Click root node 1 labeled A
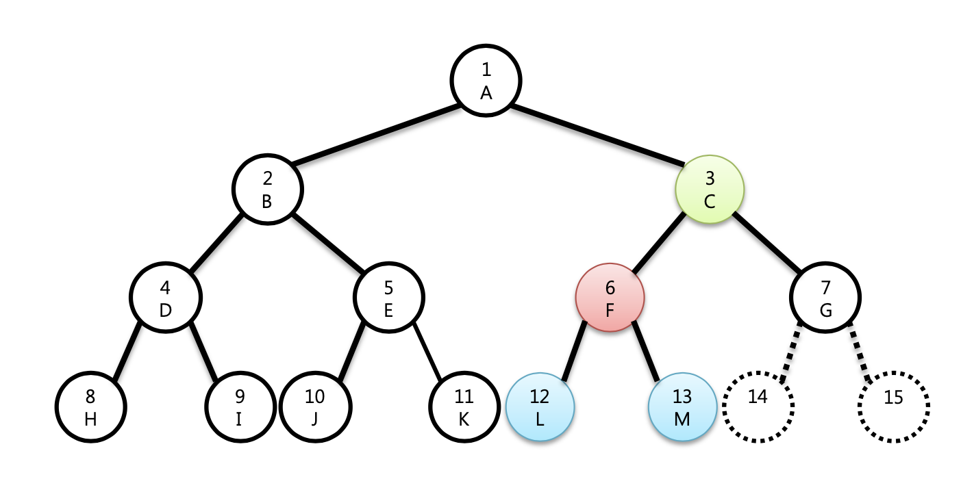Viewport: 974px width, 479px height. (486, 80)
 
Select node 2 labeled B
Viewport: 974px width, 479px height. (267, 189)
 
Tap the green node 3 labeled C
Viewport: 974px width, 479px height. (710, 189)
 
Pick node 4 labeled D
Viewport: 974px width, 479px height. (166, 298)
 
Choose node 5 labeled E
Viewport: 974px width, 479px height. (388, 298)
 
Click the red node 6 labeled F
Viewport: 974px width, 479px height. (610, 298)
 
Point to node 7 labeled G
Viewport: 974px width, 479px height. (825, 298)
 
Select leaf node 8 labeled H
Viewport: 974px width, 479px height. (91, 407)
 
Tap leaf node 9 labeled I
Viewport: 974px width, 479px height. (239, 407)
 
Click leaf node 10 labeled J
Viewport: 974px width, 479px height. (315, 407)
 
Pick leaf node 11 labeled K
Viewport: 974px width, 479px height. (464, 407)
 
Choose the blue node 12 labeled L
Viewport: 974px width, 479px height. (540, 407)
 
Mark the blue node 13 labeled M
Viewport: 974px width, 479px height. (682, 407)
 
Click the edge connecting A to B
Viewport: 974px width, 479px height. (375, 135)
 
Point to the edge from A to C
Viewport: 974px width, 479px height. (597, 135)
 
